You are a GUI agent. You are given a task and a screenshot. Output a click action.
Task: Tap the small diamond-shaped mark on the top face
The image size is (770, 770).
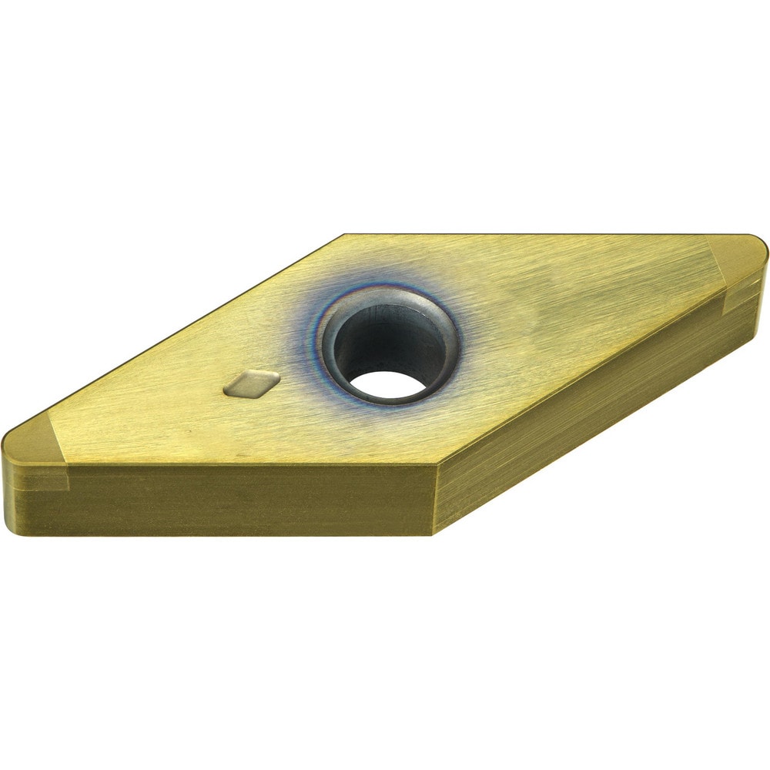pyautogui.click(x=251, y=383)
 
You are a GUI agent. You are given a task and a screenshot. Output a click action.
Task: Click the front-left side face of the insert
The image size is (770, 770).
pyautogui.click(x=231, y=500)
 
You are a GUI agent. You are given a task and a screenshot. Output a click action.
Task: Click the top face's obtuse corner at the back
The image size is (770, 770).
pyautogui.click(x=344, y=236)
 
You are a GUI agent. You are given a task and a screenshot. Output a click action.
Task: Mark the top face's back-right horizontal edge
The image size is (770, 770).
pyautogui.click(x=539, y=234)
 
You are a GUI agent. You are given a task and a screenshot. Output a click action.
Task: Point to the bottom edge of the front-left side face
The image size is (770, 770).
pyautogui.click(x=231, y=534)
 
